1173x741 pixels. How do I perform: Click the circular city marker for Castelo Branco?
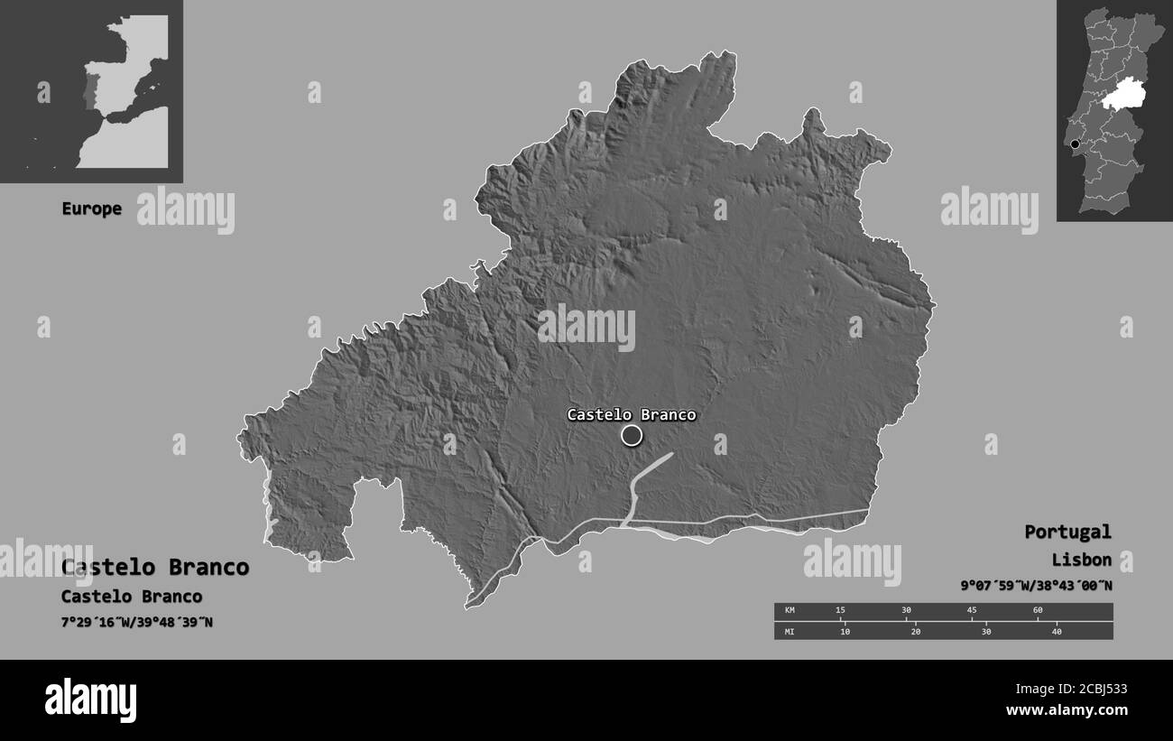pos(632,436)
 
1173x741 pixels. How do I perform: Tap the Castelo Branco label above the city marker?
pos(632,415)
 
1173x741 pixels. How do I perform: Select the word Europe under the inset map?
pos(91,208)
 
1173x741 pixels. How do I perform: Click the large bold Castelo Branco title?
pos(155,568)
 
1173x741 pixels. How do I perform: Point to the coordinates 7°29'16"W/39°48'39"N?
pos(137,622)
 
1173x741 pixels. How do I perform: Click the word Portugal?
pos(1067,532)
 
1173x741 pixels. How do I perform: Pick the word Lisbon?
pos(1081,560)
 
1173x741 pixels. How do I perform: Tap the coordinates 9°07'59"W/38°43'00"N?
pos(1036,586)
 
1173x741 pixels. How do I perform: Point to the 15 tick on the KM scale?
pos(840,611)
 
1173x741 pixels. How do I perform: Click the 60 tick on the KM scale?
pos(1038,611)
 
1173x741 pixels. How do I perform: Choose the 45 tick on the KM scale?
pos(972,611)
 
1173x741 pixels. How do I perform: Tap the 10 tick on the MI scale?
pos(845,631)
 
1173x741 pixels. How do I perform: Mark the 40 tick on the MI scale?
pos(1057,631)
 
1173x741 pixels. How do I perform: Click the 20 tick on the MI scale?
pos(916,631)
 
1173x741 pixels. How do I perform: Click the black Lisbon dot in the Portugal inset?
pos(1075,144)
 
